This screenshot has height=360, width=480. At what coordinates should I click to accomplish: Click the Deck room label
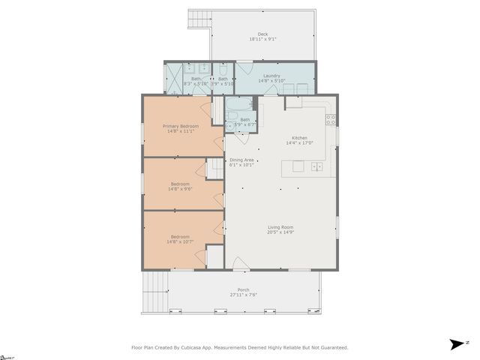(262, 34)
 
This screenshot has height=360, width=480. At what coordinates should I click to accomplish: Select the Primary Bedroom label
(181, 126)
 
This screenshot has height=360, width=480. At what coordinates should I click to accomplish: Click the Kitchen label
(299, 138)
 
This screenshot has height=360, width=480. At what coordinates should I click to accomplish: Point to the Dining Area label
(241, 160)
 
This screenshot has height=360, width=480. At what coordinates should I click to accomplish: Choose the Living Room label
(280, 227)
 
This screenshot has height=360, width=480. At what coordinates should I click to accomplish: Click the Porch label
(243, 289)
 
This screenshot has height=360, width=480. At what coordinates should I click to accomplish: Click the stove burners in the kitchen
(330, 118)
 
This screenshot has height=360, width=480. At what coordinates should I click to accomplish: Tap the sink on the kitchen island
(317, 166)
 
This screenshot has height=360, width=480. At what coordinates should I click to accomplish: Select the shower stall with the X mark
(173, 78)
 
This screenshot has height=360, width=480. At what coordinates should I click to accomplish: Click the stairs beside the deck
(199, 19)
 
